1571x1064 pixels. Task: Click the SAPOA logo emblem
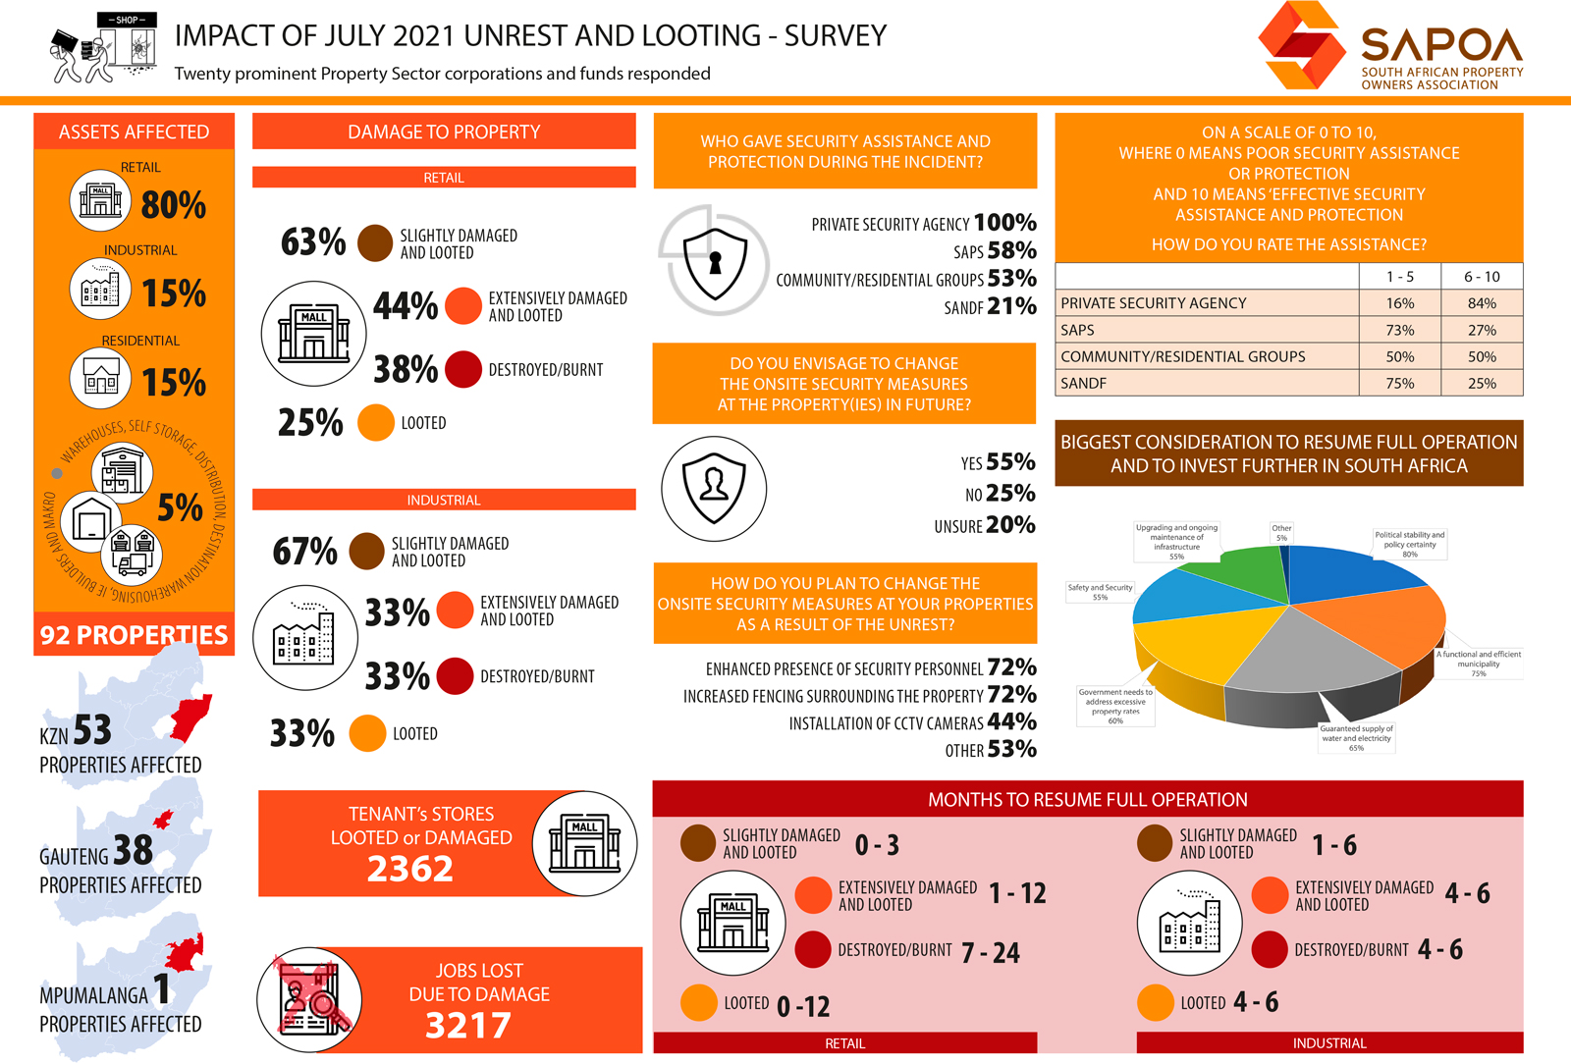pyautogui.click(x=1303, y=46)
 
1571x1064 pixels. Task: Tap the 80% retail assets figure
pyautogui.click(x=174, y=205)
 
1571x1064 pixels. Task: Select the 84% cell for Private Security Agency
pyautogui.click(x=1482, y=303)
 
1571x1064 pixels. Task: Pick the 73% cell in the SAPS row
pyautogui.click(x=1399, y=330)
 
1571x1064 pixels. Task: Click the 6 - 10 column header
pyautogui.click(x=1482, y=277)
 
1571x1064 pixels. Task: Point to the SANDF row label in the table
pyautogui.click(x=1083, y=383)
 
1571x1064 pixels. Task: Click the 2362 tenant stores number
pyautogui.click(x=410, y=869)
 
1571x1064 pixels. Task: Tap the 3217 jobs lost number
pyautogui.click(x=468, y=1026)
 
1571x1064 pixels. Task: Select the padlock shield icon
pyautogui.click(x=715, y=261)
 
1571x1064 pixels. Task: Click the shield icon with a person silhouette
pyautogui.click(x=714, y=488)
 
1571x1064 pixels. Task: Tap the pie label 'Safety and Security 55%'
pyautogui.click(x=1100, y=592)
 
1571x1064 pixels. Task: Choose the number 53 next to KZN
pyautogui.click(x=92, y=730)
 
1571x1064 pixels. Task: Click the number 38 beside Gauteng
pyautogui.click(x=133, y=850)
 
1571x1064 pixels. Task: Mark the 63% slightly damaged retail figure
pyautogui.click(x=313, y=241)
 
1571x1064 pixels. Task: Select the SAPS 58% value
pyautogui.click(x=1012, y=250)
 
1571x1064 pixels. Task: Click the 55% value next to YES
pyautogui.click(x=1010, y=461)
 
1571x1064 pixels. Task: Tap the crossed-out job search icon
pyautogui.click(x=309, y=999)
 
